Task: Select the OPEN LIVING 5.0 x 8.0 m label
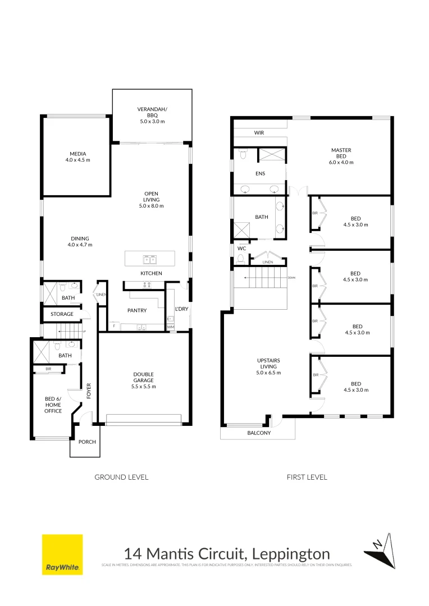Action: (152, 200)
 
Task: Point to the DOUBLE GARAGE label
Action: (144, 380)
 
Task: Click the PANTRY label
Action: (137, 310)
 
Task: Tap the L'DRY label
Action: (181, 309)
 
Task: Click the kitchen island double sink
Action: (150, 259)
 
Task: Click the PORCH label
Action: (87, 442)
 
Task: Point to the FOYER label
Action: (89, 391)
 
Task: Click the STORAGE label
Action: (62, 314)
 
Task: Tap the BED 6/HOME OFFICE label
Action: (53, 405)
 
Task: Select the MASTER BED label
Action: (341, 156)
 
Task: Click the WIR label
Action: (259, 133)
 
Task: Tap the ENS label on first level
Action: (260, 173)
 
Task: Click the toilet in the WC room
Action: (241, 259)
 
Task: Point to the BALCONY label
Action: (259, 433)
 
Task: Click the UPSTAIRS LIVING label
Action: (268, 366)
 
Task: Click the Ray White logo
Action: (62, 554)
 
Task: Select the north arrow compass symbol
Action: (380, 549)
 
